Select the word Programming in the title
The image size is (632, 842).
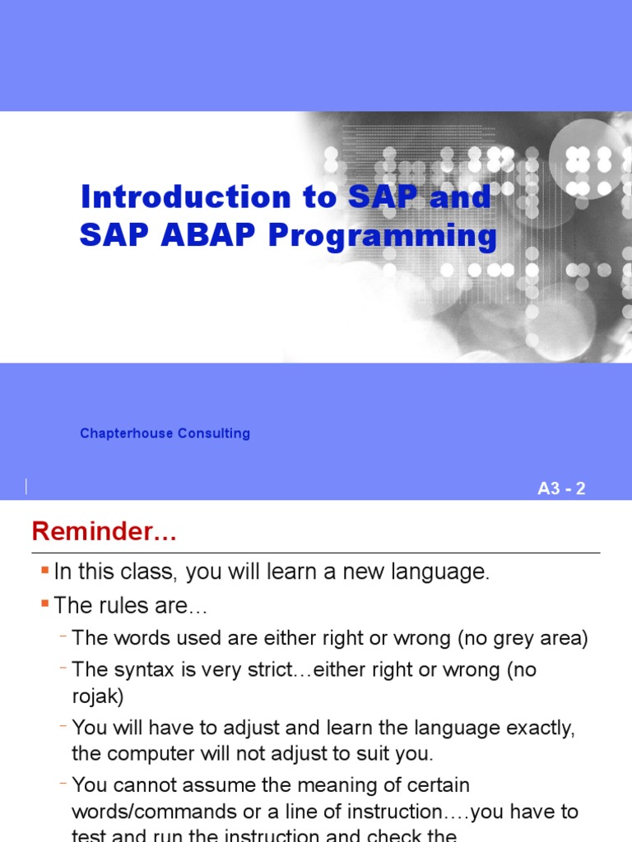click(x=383, y=237)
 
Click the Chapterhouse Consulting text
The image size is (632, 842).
click(x=165, y=433)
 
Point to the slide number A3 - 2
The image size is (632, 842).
click(x=561, y=489)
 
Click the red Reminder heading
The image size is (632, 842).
click(x=104, y=532)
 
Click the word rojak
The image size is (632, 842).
click(x=97, y=697)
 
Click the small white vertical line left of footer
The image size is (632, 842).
click(x=26, y=486)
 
